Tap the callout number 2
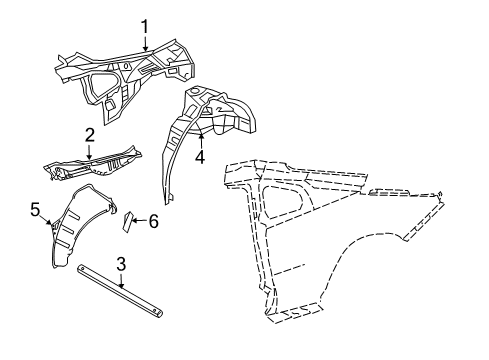tap(89, 134)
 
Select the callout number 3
tap(120, 264)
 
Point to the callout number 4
tap(200, 156)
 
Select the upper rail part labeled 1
tap(120, 65)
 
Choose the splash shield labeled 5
tap(70, 230)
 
